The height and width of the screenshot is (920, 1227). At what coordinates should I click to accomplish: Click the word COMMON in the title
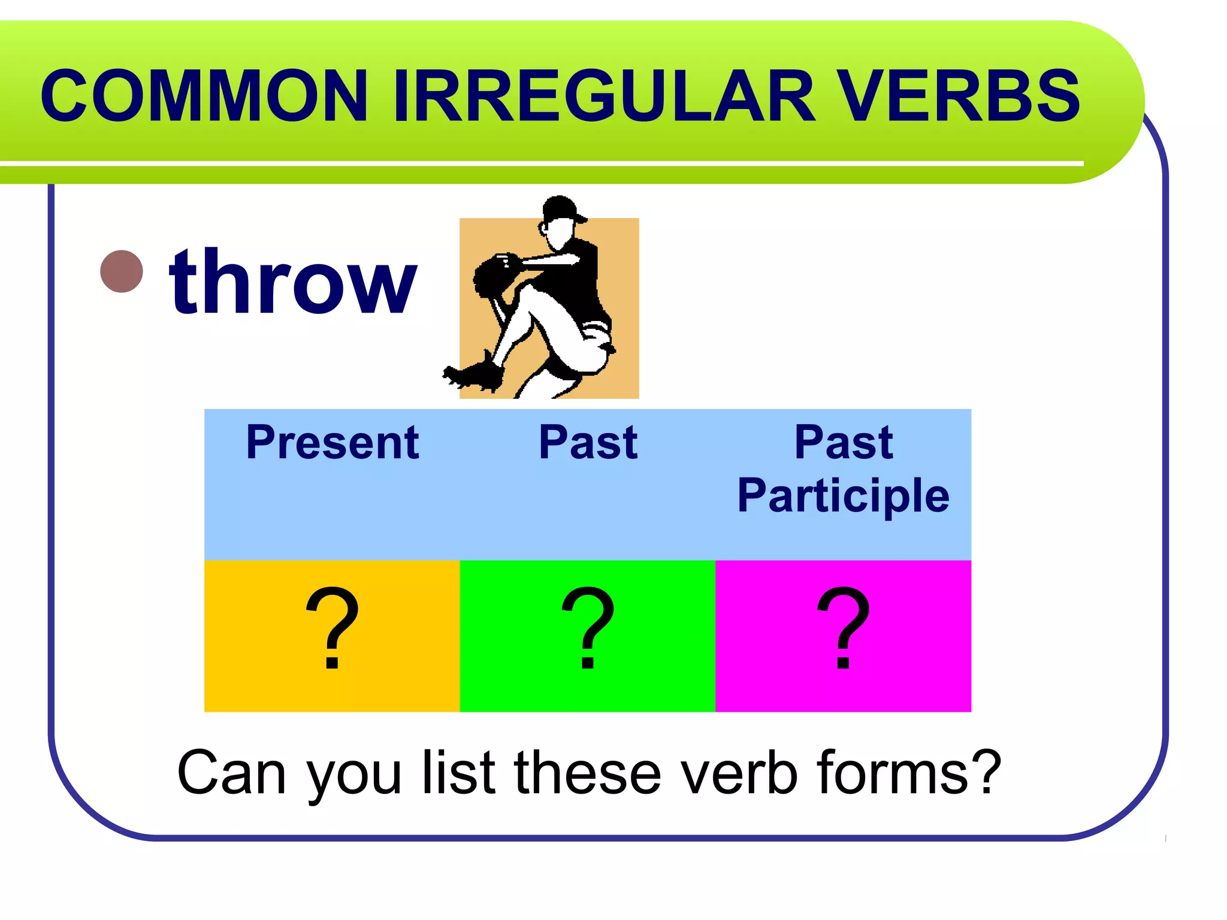point(204,96)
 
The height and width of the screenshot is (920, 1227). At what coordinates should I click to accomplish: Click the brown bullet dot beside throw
point(122,271)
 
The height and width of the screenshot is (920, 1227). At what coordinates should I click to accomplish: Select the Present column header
point(333,443)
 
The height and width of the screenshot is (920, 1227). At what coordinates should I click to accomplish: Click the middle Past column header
point(588,443)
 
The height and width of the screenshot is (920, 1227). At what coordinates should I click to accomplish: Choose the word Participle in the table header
point(843,496)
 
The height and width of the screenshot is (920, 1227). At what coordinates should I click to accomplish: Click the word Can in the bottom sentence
point(231,773)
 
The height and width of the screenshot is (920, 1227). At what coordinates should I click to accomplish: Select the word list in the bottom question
point(459,773)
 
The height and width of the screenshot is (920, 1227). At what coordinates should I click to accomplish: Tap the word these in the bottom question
point(588,773)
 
